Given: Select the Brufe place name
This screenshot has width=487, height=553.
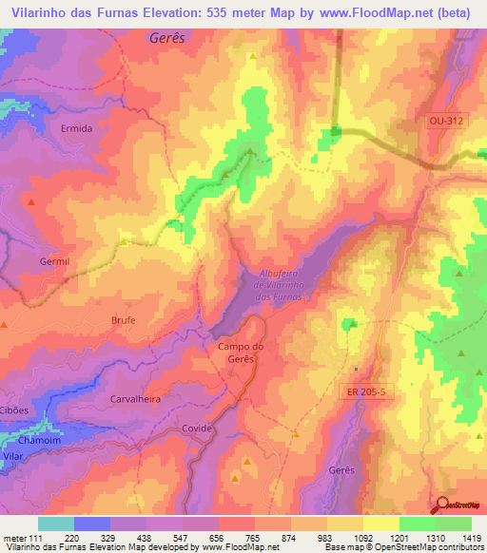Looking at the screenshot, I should point(126,320).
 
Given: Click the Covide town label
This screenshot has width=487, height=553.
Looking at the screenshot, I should point(197,429).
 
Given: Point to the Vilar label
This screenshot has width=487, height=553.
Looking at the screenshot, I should point(12,456).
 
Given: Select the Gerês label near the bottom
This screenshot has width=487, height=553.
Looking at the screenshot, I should point(341,471).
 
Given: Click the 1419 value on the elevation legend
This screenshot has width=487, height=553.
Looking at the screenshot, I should point(469,538).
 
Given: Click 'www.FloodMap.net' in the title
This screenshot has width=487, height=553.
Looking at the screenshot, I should point(357,12).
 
